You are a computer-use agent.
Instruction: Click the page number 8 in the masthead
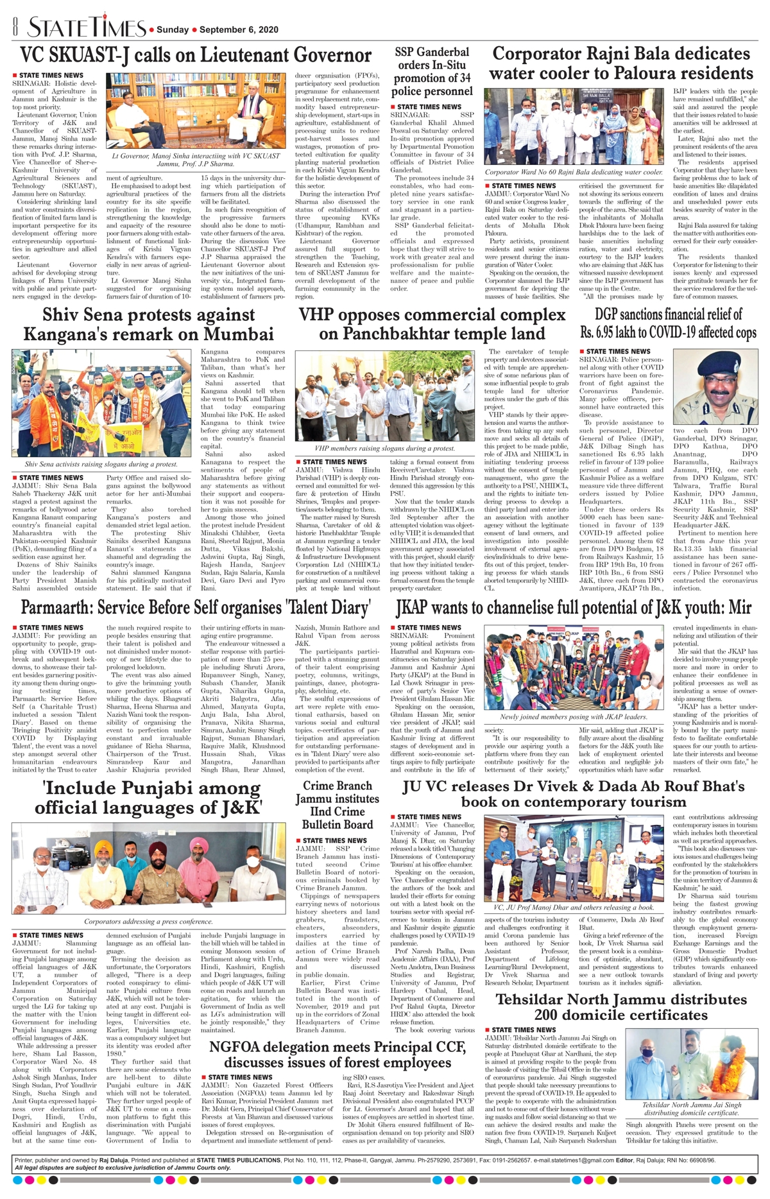(x=15, y=28)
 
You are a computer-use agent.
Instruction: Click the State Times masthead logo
(x=87, y=28)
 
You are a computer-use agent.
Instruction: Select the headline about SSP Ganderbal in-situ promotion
(x=432, y=71)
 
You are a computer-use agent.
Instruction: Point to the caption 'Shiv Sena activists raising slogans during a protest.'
(x=101, y=464)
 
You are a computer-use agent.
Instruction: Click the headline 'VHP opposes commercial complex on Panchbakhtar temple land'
(x=432, y=324)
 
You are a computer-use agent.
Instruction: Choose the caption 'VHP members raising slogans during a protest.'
(x=385, y=449)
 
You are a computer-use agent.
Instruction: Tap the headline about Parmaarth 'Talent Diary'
(x=196, y=607)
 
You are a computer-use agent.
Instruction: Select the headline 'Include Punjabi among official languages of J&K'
(x=148, y=797)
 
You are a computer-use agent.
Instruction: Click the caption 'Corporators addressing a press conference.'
(x=148, y=921)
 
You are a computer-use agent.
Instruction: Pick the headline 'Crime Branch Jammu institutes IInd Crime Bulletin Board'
(x=337, y=805)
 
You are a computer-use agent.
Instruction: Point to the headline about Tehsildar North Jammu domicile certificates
(x=620, y=1007)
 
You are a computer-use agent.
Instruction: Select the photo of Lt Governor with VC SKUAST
(x=196, y=111)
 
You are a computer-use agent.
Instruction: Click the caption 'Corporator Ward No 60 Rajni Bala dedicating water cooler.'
(x=574, y=172)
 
